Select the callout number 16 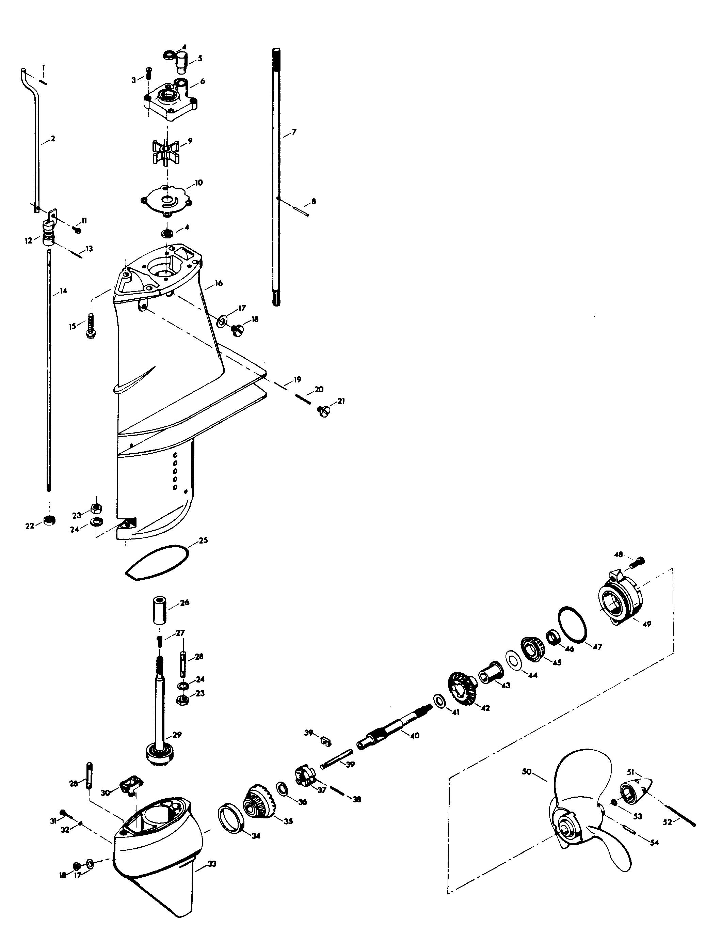[219, 283]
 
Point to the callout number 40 [415, 735]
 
